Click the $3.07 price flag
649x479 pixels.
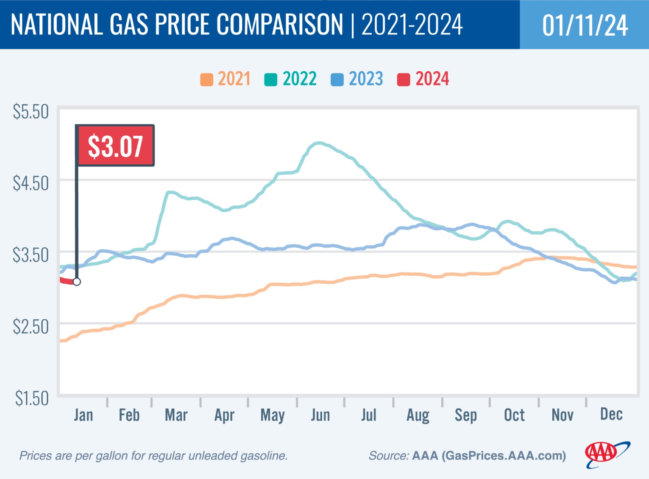tap(115, 146)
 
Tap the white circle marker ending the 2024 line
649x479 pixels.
tap(77, 282)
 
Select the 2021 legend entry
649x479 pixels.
tap(226, 79)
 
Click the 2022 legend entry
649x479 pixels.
tap(291, 79)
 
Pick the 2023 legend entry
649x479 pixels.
tap(357, 79)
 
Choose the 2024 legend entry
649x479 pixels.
tap(423, 79)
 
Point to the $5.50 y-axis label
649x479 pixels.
tap(31, 112)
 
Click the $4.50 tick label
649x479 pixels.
tap(31, 183)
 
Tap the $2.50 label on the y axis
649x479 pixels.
tap(31, 327)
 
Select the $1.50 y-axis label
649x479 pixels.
tap(31, 398)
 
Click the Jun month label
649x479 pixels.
tap(320, 415)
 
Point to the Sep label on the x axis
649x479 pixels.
tap(465, 415)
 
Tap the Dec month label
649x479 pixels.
tap(611, 414)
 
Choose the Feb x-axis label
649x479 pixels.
tap(129, 415)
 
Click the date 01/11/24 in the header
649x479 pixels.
tap(585, 25)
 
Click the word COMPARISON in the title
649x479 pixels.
tap(280, 24)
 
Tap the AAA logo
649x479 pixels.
tap(606, 454)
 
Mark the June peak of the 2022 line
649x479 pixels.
tap(319, 143)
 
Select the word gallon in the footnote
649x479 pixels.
tap(112, 456)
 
